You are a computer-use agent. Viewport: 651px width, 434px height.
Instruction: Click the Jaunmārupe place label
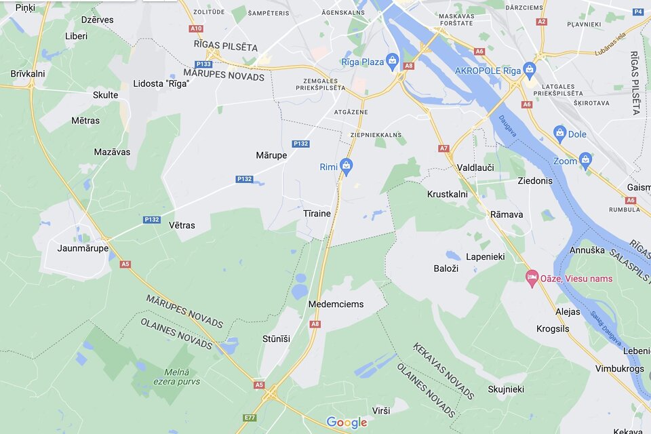[x=83, y=248]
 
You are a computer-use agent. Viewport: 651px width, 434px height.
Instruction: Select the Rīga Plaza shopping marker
[x=392, y=62]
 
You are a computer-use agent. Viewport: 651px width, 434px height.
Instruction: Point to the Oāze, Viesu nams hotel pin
[x=533, y=278]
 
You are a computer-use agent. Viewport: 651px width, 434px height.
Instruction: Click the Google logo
[x=347, y=422]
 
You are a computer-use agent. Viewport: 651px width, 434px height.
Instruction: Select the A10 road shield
[x=196, y=28]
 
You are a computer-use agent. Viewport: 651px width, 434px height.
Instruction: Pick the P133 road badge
[x=203, y=64]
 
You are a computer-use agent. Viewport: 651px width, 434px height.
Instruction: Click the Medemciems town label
[x=336, y=304]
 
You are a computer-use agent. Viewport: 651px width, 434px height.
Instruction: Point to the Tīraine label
[x=317, y=214]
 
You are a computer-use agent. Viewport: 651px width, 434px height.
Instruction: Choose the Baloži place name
[x=446, y=269]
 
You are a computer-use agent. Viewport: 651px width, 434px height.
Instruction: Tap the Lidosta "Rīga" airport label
[x=161, y=83]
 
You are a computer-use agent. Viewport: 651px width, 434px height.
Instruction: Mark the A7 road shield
[x=443, y=148]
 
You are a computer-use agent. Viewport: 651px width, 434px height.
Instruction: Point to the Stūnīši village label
[x=276, y=338]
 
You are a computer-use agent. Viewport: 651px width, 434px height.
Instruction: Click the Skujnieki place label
[x=506, y=389]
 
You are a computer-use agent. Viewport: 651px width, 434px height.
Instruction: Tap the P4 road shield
[x=637, y=12]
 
